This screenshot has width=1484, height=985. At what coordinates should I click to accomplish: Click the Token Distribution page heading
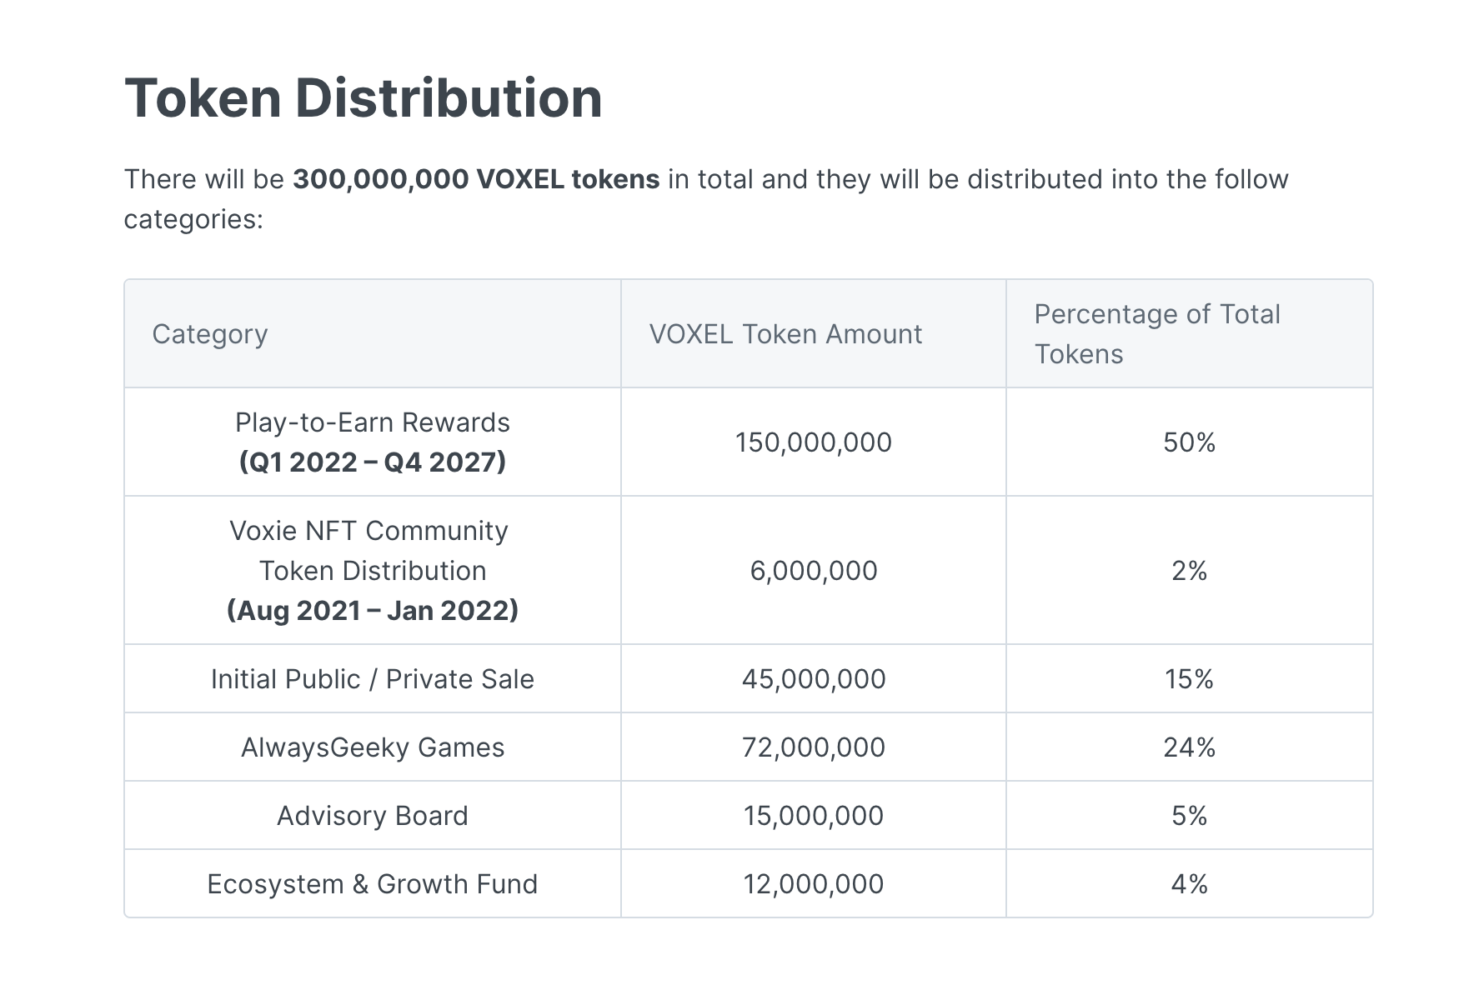pos(363,98)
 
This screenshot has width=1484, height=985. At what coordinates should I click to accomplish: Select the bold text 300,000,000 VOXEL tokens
pos(476,179)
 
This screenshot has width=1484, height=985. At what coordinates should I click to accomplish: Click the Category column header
pos(210,334)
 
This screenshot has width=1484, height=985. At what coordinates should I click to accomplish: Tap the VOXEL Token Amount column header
pos(785,334)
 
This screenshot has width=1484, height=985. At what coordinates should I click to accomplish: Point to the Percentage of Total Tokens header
pos(1157,333)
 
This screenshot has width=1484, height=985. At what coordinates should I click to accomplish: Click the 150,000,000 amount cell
pos(813,442)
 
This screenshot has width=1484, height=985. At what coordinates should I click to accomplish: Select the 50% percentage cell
pos(1189,442)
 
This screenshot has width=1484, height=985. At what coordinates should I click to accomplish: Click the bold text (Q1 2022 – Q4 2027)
pos(373,462)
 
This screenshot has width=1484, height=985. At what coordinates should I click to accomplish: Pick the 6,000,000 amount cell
pos(813,571)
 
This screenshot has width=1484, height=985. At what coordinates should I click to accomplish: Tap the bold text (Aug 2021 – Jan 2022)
pos(373,611)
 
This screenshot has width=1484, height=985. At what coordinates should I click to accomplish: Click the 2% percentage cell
pos(1189,571)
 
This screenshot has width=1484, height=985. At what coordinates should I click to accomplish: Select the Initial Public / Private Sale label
pos(373,679)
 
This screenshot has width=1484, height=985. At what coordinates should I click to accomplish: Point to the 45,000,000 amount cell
pos(813,679)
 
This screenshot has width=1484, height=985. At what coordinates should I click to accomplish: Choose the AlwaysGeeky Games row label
pos(373,747)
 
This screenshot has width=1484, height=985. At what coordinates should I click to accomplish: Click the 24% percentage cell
pos(1189,747)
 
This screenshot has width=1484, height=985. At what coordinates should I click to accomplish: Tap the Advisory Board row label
pos(373,816)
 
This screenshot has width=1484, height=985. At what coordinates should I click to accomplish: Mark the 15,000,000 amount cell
pos(813,816)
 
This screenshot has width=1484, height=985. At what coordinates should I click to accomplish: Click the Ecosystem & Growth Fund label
pos(373,884)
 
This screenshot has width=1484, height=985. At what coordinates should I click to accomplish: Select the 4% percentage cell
pos(1189,884)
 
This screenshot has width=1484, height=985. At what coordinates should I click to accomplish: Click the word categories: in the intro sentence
pos(193,219)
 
